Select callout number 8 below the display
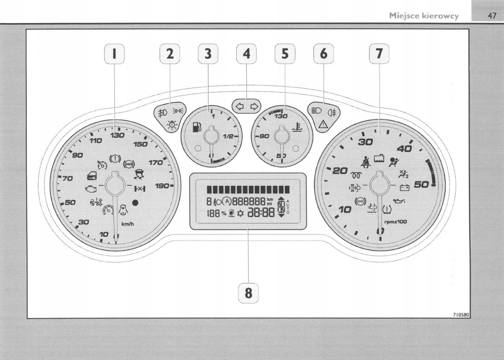(x=249, y=293)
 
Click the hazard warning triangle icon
(x=324, y=124)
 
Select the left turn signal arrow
(x=240, y=106)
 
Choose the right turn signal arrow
(x=254, y=106)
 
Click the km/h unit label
(x=128, y=224)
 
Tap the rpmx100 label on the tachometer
(x=395, y=221)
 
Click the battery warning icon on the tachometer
(x=404, y=187)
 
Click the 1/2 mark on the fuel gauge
(x=229, y=137)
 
